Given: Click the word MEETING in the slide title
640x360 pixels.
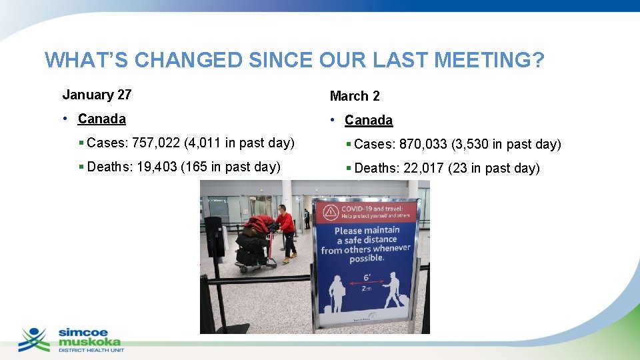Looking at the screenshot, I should (x=489, y=60).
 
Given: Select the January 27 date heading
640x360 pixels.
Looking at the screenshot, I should (x=97, y=95).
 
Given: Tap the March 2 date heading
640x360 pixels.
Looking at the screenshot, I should (x=355, y=96).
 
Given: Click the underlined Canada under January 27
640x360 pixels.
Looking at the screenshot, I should (x=101, y=119).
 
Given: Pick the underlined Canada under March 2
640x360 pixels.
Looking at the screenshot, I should (x=369, y=121).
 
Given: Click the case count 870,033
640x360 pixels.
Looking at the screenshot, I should (x=423, y=144).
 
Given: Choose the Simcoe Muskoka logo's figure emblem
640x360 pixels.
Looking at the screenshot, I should (x=34, y=339).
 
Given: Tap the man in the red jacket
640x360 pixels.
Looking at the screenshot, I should (x=287, y=230).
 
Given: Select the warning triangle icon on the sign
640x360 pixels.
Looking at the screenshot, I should (x=330, y=213).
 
